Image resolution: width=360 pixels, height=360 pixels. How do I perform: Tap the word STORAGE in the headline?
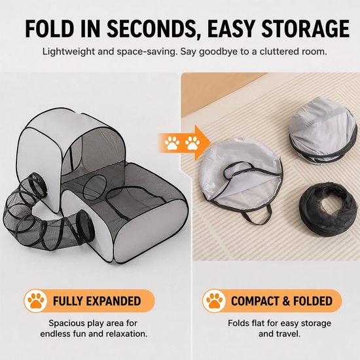[x=306, y=29]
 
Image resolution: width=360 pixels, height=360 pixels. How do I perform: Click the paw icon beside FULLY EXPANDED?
[x=36, y=301]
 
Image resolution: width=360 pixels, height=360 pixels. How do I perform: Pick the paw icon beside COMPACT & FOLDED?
[x=214, y=301]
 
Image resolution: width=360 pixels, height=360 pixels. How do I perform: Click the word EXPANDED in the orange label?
[x=112, y=301]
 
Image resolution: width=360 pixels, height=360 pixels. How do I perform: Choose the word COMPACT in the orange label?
[x=253, y=301]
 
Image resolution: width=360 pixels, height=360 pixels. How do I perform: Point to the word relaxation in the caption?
[x=124, y=334]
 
